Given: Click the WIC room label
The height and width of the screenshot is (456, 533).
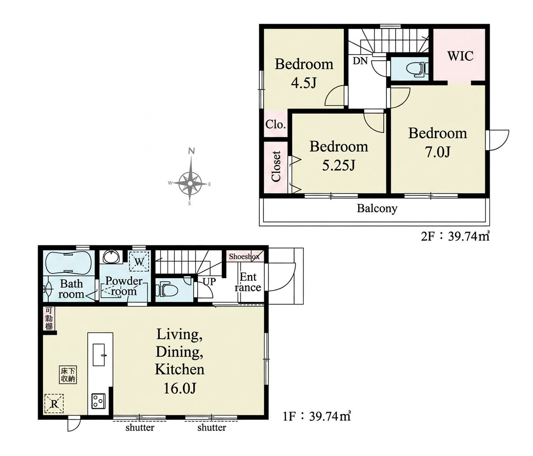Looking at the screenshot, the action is (460, 56).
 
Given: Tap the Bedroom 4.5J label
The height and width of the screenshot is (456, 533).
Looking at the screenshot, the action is (304, 73).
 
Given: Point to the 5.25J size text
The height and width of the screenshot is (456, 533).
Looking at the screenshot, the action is (338, 165).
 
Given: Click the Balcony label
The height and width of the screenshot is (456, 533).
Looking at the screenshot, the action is (377, 208).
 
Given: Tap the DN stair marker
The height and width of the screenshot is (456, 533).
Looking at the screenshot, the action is (360, 61).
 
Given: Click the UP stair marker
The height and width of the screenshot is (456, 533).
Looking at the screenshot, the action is (209, 282).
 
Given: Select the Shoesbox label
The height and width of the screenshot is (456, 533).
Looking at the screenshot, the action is (244, 257).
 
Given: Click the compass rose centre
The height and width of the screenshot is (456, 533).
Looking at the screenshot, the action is (190, 183).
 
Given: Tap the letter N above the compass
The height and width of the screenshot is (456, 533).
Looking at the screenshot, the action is (192, 151).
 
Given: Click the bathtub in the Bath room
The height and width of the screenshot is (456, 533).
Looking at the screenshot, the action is (68, 263).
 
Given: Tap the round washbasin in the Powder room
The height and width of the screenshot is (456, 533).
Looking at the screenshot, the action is (111, 257).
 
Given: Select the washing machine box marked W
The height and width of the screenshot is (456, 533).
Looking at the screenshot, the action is (139, 261).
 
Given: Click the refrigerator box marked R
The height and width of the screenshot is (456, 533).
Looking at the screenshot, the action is (54, 404).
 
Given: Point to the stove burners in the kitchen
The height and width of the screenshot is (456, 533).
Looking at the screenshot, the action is (98, 401).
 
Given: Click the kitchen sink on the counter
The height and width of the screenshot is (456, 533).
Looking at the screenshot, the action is (98, 355).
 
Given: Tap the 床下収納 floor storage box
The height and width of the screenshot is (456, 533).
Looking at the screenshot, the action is (68, 375).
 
